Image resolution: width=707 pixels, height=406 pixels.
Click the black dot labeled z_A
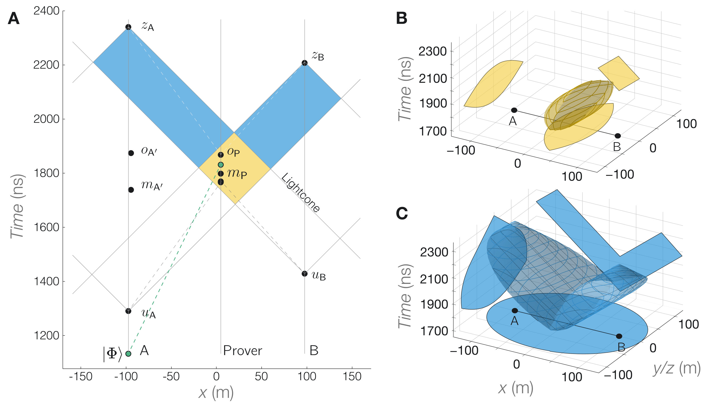[x=128, y=27]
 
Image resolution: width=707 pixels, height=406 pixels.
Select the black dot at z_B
[x=304, y=63]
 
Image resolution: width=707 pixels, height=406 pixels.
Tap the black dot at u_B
[x=304, y=273]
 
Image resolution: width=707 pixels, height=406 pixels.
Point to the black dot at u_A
[x=128, y=311]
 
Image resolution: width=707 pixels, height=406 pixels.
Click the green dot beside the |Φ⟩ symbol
[x=128, y=354]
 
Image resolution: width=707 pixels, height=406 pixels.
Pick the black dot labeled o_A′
[x=131, y=153]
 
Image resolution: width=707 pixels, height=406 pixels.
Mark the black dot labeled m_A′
[x=131, y=190]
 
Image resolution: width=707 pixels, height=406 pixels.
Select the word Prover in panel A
[x=243, y=351]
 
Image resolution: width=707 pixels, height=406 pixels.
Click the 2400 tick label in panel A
[x=46, y=11]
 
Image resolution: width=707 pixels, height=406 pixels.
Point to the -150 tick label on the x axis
[x=81, y=377]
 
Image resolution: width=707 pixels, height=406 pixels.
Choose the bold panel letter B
[x=402, y=18]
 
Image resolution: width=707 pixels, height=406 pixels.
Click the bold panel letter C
[x=402, y=213]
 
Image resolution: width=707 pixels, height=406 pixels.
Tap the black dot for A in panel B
[x=514, y=110]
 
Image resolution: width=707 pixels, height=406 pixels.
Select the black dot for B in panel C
[x=619, y=336]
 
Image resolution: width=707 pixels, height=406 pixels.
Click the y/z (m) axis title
[x=676, y=368]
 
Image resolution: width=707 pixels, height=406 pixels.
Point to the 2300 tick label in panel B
[x=432, y=52]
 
